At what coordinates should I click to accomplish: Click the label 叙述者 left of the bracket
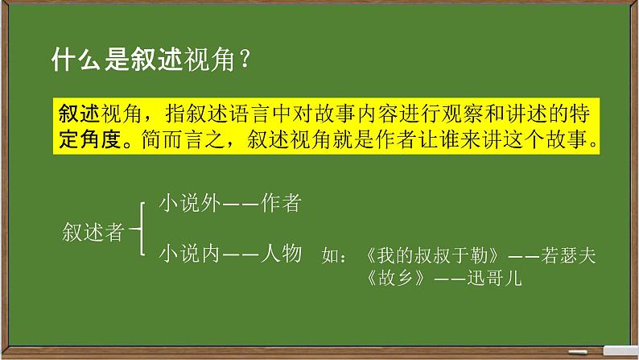93,232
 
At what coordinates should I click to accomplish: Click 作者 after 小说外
282,205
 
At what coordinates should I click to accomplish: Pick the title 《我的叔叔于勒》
435,257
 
